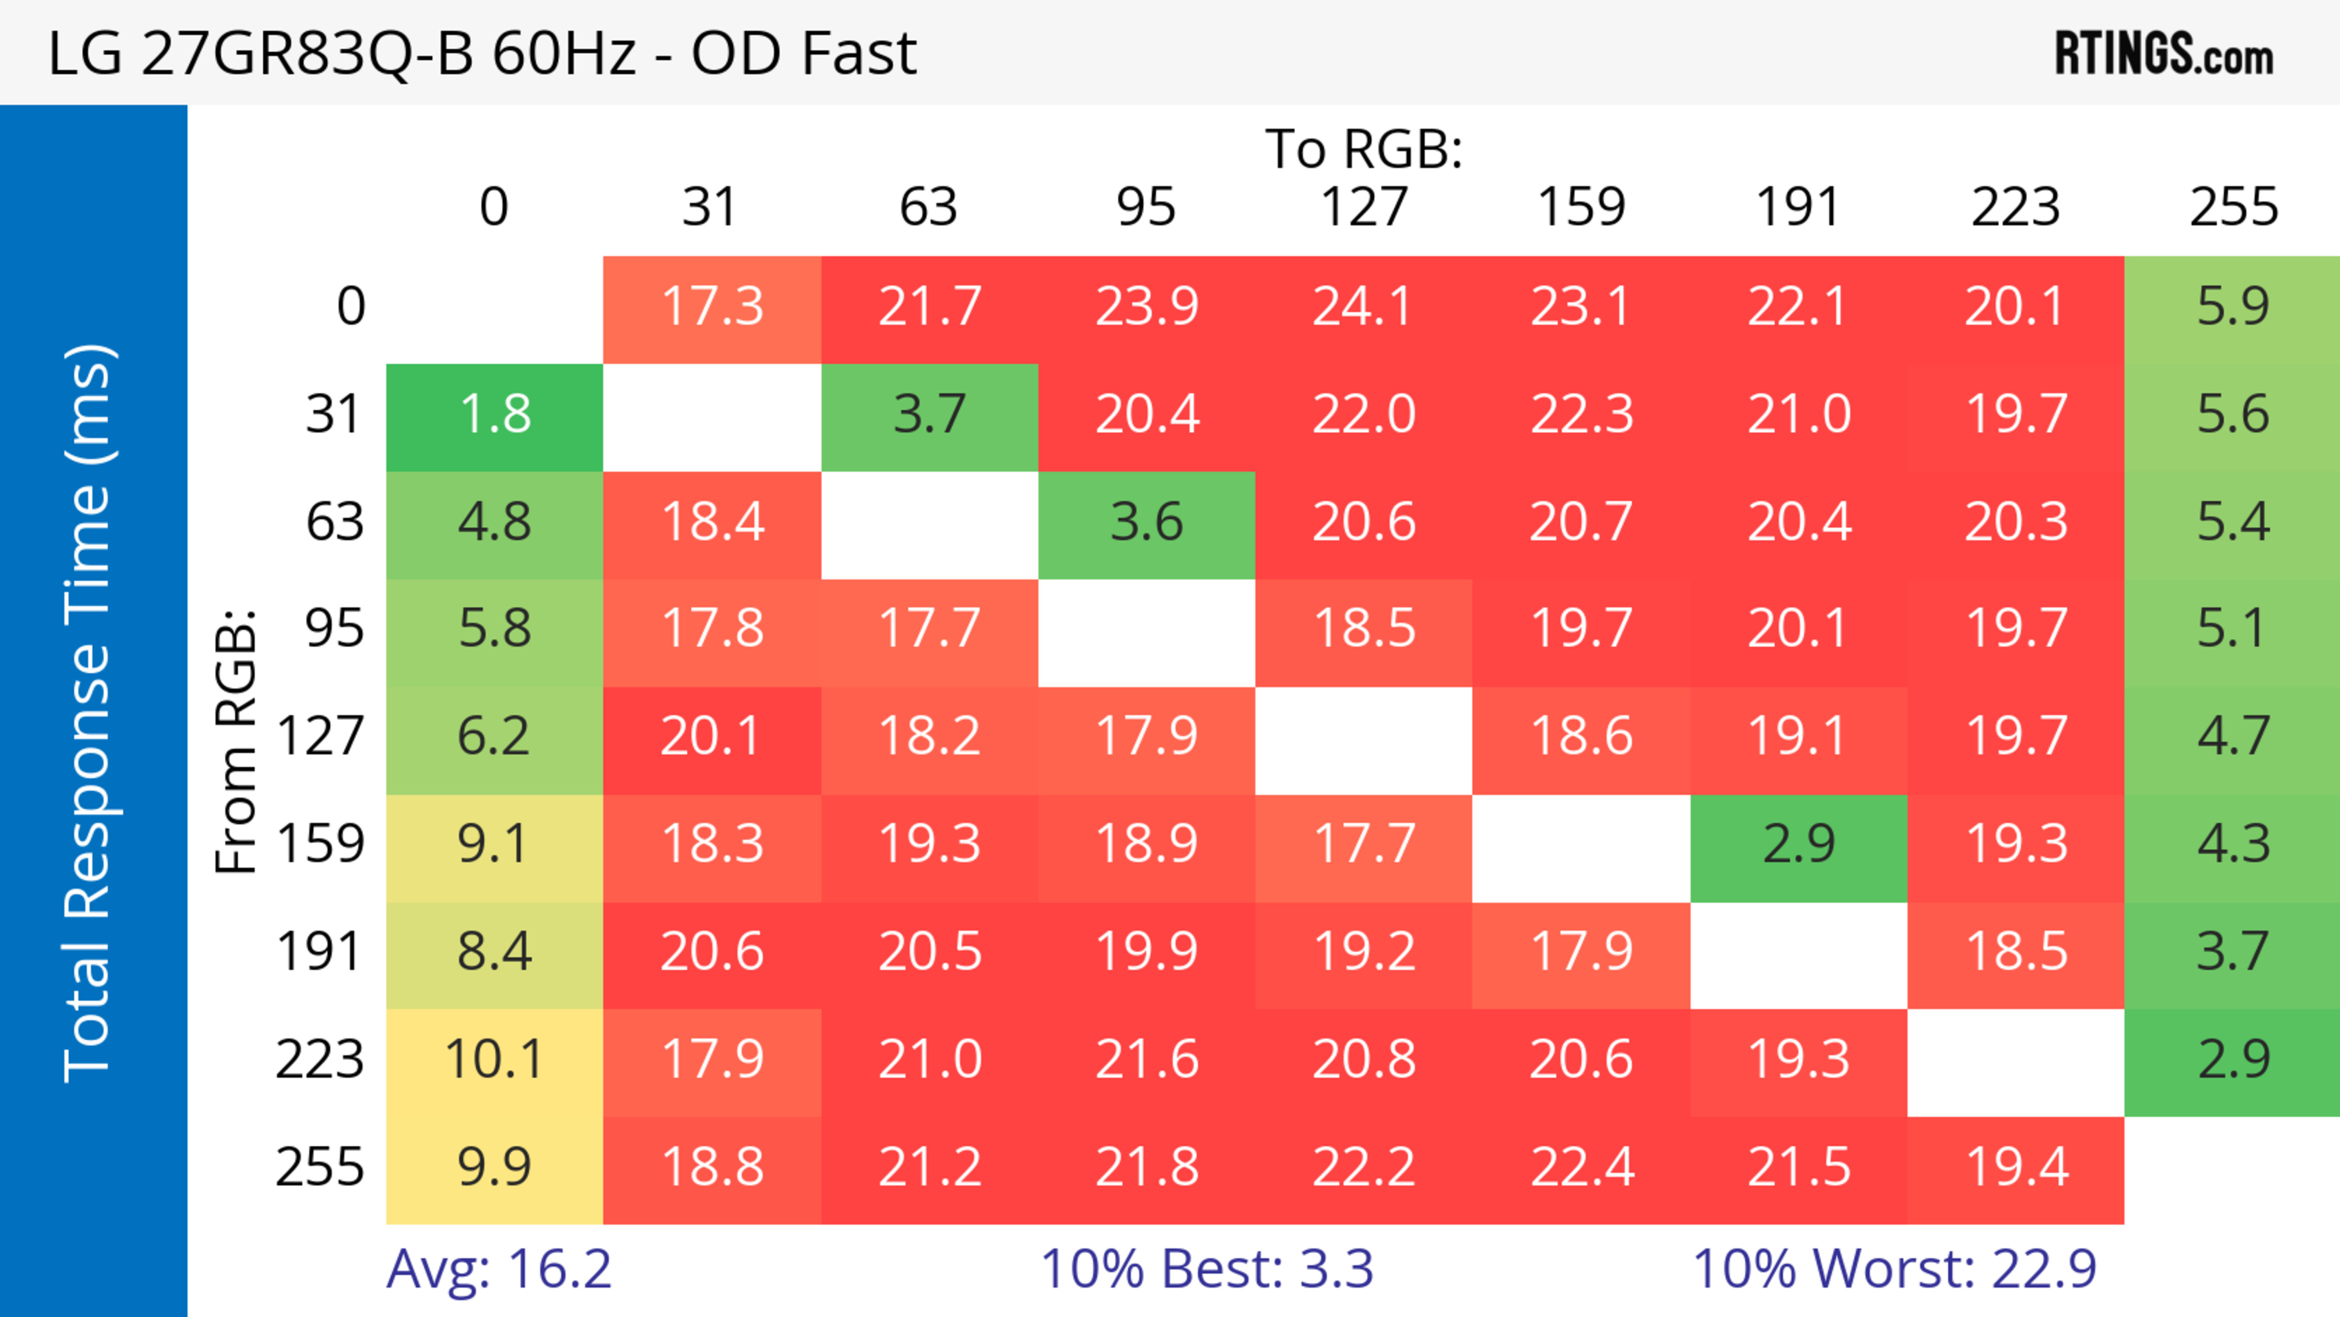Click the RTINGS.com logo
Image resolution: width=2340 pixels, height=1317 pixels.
coord(2164,52)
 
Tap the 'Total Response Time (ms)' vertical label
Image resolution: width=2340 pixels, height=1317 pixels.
coord(89,713)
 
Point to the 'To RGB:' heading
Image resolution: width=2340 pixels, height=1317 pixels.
coord(1364,148)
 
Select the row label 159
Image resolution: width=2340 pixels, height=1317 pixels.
coord(320,843)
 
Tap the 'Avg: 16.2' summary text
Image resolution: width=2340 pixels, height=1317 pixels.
coord(498,1269)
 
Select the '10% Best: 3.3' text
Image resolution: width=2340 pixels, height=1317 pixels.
coord(1207,1269)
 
